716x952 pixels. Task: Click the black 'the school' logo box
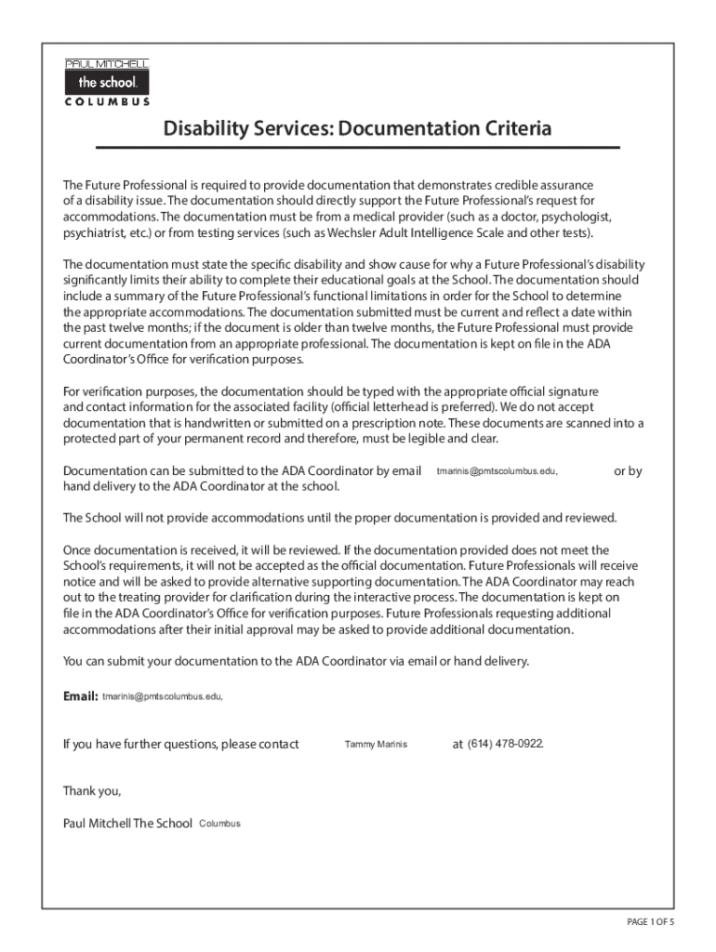[x=106, y=83]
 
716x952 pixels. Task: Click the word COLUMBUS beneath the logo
[x=106, y=102]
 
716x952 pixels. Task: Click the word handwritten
[x=220, y=423]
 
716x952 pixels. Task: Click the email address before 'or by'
[x=497, y=471]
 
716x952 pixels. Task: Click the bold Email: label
[x=80, y=696]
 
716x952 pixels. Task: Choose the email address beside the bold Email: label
[x=162, y=696]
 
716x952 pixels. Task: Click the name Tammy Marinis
[x=376, y=745]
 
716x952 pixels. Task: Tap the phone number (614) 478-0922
[x=505, y=744]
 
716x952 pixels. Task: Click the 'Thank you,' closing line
[x=92, y=791]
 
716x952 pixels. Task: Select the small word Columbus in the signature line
[x=220, y=824]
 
